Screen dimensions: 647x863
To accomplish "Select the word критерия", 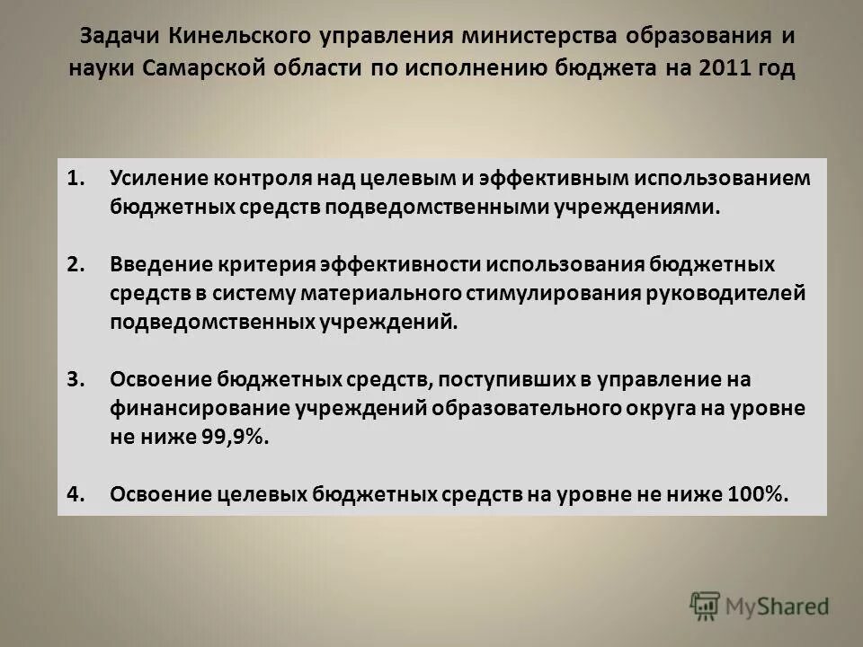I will pos(257,265).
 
